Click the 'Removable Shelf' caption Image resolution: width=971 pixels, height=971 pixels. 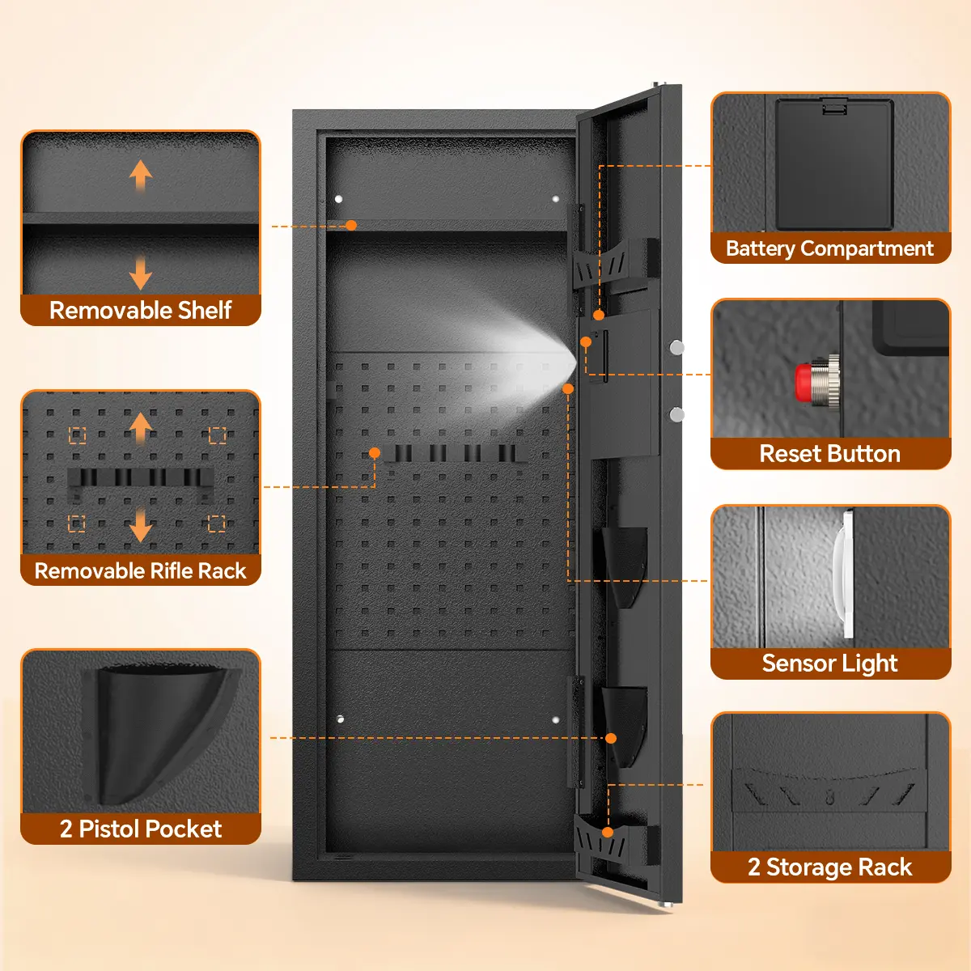click(x=141, y=310)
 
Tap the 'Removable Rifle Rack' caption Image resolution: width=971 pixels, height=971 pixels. click(x=140, y=570)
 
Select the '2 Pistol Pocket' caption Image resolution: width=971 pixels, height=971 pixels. click(x=141, y=829)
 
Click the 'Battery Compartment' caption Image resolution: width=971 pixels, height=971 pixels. click(x=829, y=248)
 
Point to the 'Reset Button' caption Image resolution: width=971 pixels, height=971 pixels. click(x=829, y=453)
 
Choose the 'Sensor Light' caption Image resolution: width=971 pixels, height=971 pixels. click(x=829, y=664)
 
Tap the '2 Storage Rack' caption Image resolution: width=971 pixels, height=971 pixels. click(x=829, y=867)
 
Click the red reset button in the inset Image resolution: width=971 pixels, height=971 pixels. click(x=804, y=381)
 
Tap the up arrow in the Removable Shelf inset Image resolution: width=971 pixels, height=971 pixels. click(x=141, y=174)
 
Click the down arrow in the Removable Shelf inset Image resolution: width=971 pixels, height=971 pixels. click(x=141, y=273)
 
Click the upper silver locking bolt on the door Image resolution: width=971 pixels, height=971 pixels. click(x=676, y=347)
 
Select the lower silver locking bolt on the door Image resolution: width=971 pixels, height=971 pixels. click(x=676, y=414)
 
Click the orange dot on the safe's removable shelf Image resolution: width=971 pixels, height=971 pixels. click(x=351, y=225)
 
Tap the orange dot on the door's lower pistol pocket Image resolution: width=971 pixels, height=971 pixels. click(x=611, y=738)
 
